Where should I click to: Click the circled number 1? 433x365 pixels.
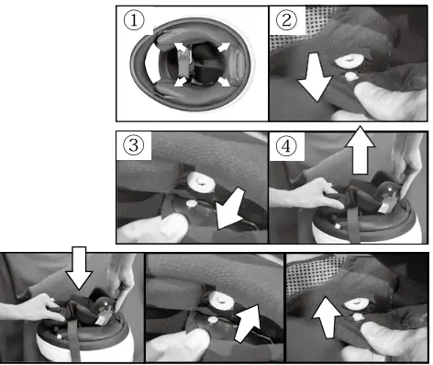click(134, 20)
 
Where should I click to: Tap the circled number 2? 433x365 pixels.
click(286, 20)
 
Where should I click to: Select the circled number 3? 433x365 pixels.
click(134, 145)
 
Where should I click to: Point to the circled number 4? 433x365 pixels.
click(286, 146)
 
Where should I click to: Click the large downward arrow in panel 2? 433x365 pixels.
click(315, 77)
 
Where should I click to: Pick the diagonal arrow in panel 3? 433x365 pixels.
click(230, 210)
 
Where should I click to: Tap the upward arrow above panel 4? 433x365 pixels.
click(361, 150)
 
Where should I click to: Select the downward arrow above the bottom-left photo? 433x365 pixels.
click(79, 268)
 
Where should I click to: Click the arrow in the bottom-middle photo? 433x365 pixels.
click(248, 324)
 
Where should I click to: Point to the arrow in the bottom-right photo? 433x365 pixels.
click(328, 317)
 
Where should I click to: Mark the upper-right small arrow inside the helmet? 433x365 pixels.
click(224, 47)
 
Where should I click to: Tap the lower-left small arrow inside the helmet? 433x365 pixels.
click(181, 82)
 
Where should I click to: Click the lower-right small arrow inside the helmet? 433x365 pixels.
click(224, 82)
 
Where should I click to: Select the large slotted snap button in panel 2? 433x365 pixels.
click(349, 61)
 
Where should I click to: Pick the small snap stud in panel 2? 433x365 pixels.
click(351, 75)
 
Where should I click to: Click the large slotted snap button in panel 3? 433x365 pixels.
click(202, 182)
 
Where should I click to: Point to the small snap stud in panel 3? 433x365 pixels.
click(193, 203)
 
